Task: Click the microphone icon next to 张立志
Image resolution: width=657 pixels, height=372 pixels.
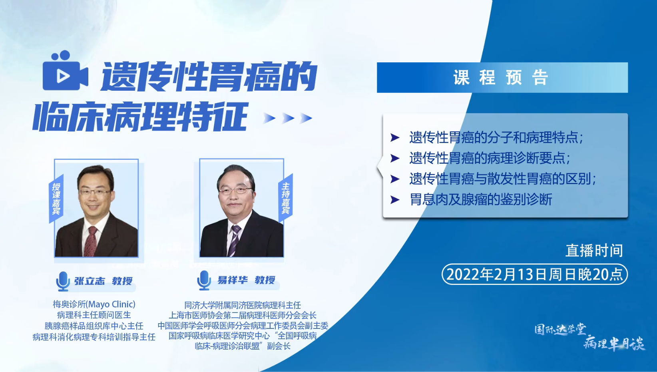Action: [63, 281]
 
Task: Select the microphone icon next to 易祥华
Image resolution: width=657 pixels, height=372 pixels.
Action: [204, 280]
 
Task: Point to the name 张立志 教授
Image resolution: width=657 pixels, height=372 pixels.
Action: [103, 281]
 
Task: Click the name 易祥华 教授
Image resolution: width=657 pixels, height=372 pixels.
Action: [246, 280]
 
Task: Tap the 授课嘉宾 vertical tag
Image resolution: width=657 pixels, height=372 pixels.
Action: [56, 198]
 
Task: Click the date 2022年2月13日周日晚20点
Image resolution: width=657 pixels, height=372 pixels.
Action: [534, 275]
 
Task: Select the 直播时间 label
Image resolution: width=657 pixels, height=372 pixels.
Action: [594, 251]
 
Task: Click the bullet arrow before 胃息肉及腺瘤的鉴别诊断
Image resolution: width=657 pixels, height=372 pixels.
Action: [395, 199]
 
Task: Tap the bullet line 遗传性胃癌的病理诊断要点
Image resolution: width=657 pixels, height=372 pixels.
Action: [489, 158]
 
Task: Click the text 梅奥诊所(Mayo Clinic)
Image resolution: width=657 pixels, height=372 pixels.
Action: [94, 304]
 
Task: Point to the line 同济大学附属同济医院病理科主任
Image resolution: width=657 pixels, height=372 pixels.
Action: [243, 305]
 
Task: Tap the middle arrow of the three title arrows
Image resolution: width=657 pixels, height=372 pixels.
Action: [288, 118]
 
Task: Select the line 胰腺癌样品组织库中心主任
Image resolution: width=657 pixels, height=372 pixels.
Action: [94, 326]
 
